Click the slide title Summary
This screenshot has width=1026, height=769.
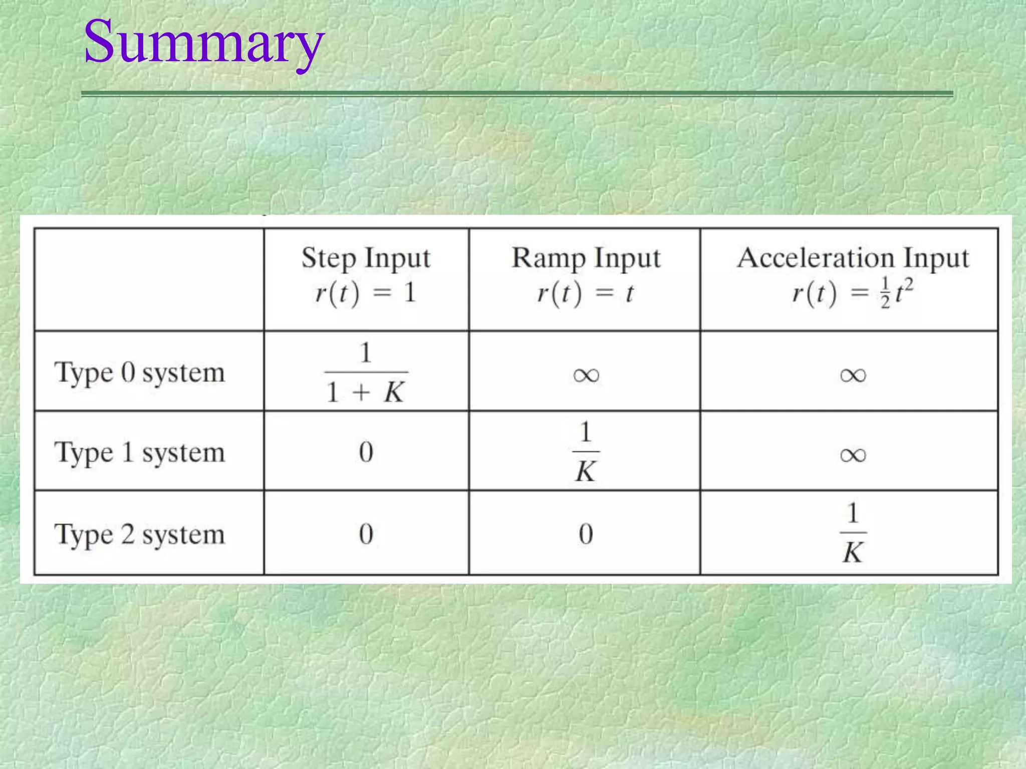(x=204, y=43)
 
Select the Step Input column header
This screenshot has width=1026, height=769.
(x=366, y=258)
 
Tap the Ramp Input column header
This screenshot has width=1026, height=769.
(x=586, y=258)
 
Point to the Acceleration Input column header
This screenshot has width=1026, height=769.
(x=853, y=258)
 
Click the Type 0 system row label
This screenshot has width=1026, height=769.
(x=140, y=373)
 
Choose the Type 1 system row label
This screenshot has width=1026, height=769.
(x=140, y=453)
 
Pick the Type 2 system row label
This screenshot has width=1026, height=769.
(x=140, y=535)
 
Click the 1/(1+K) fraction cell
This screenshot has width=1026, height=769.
(x=366, y=372)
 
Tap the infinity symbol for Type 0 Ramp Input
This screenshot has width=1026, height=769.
(x=586, y=375)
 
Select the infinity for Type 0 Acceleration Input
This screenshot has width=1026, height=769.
(x=853, y=375)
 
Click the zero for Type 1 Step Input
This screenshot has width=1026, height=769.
(x=366, y=452)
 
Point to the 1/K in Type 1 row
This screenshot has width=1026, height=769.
(x=586, y=452)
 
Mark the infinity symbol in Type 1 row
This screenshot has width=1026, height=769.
(x=853, y=455)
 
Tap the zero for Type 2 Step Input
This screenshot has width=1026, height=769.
(x=366, y=534)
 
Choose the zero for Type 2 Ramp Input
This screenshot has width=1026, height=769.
(x=586, y=534)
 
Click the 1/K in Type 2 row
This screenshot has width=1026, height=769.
(x=853, y=533)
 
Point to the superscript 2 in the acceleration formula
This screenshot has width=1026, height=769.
(x=908, y=284)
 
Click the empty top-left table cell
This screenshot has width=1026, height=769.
(x=149, y=279)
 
